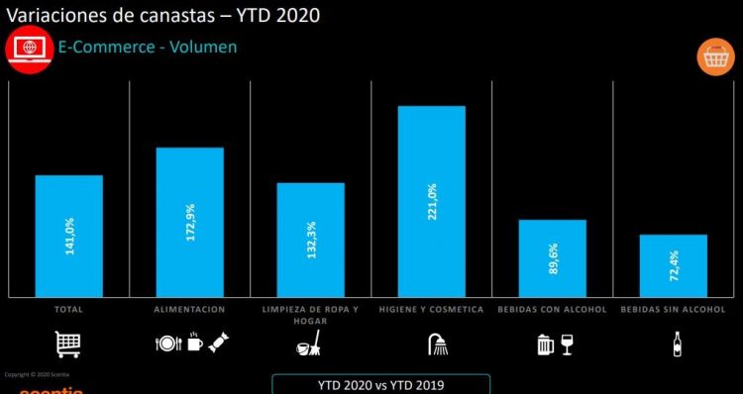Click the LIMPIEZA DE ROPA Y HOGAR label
(310, 315)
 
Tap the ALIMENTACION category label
(189, 310)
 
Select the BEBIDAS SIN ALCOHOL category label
(673, 310)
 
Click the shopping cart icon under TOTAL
(68, 345)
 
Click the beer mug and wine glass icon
(554, 345)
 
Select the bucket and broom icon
(308, 345)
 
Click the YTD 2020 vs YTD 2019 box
(380, 383)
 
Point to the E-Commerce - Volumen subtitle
(148, 47)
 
